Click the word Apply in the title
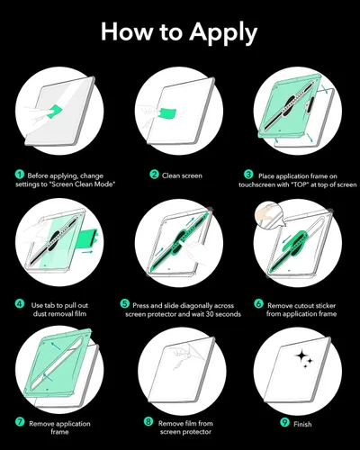pyautogui.click(x=223, y=33)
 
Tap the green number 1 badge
pyautogui.click(x=20, y=175)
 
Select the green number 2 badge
pyautogui.click(x=154, y=175)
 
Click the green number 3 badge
pyautogui.click(x=248, y=175)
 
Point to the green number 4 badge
pyautogui.click(x=20, y=304)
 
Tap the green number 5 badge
pyautogui.click(x=124, y=303)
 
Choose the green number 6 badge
pyautogui.click(x=258, y=303)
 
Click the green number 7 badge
pyautogui.click(x=20, y=422)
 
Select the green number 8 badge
pyautogui.click(x=148, y=422)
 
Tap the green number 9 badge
pyautogui.click(x=284, y=422)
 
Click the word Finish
pyautogui.click(x=302, y=424)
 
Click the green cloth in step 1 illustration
pyautogui.click(x=54, y=111)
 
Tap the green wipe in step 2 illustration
pyautogui.click(x=167, y=114)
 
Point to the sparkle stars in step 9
pyautogui.click(x=304, y=359)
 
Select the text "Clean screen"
pyautogui.click(x=182, y=175)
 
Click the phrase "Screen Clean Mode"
pyautogui.click(x=83, y=184)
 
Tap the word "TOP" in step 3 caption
pyautogui.click(x=300, y=184)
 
